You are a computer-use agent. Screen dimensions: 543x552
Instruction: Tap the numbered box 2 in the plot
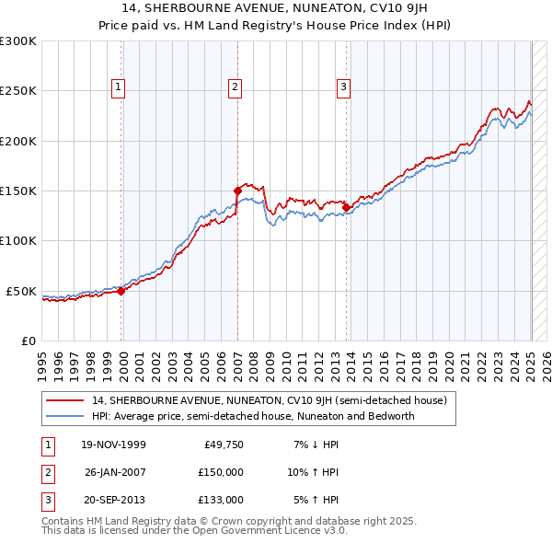(x=236, y=88)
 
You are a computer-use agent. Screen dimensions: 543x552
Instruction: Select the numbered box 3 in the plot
(x=343, y=88)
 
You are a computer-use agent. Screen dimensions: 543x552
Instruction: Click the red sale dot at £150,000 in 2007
(x=237, y=191)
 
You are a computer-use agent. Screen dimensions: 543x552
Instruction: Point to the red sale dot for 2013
(x=347, y=207)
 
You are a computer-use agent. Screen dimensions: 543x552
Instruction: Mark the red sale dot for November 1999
(x=121, y=291)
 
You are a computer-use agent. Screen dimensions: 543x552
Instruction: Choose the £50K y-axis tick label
(x=20, y=291)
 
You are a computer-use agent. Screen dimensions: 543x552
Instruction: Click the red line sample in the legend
(x=65, y=400)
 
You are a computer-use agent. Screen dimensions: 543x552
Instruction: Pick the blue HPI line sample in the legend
(x=65, y=416)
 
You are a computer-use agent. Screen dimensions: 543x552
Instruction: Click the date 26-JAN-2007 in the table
(x=115, y=472)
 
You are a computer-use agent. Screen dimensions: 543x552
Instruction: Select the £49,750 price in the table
(x=224, y=445)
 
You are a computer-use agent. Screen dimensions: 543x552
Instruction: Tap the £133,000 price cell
(x=221, y=500)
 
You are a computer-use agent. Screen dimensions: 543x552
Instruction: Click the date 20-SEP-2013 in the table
(x=115, y=500)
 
